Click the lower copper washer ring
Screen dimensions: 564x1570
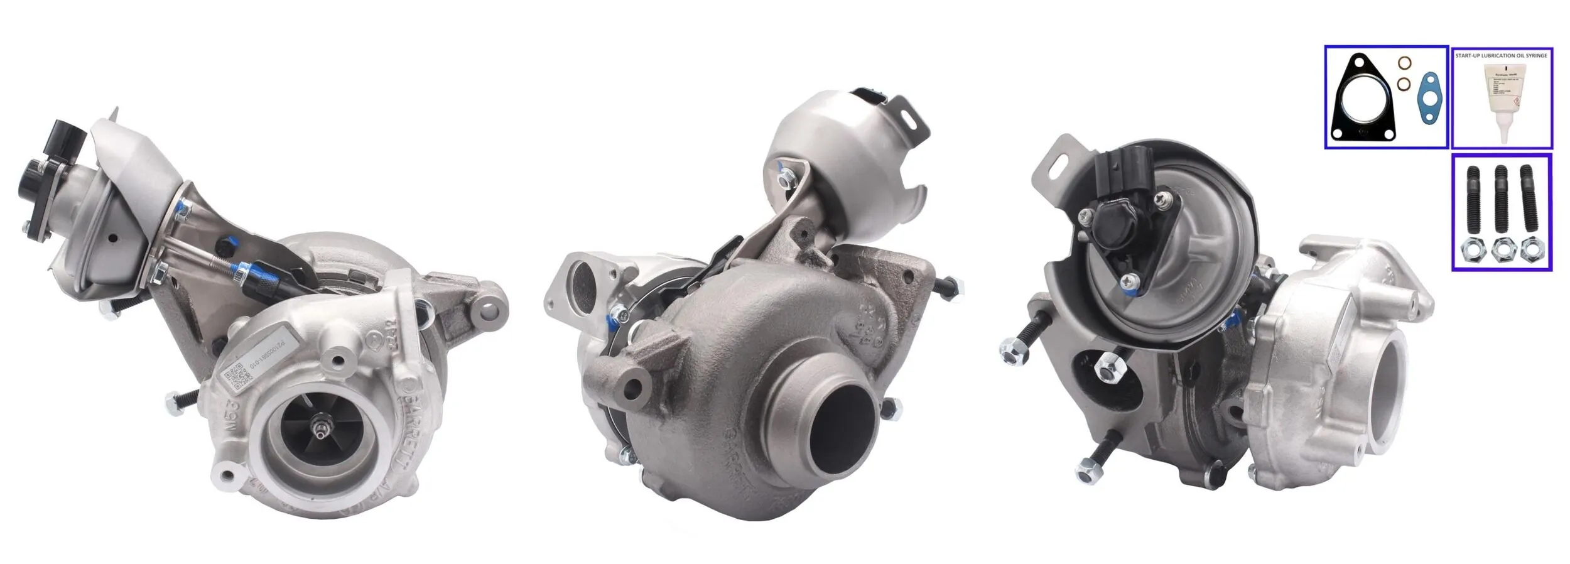(x=1403, y=84)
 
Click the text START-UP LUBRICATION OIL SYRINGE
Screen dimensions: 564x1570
(x=1501, y=56)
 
